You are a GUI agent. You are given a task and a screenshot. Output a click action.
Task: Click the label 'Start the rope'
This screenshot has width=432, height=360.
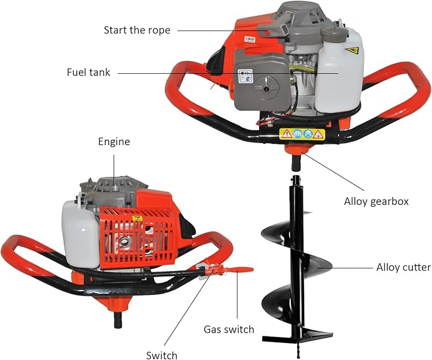tap(137, 30)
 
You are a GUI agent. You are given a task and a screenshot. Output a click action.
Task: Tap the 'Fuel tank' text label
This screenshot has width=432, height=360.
tap(88, 73)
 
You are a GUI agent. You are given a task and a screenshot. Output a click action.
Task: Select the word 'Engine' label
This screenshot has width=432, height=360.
tap(114, 142)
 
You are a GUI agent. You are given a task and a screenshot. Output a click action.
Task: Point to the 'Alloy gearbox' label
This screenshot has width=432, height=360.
tap(376, 201)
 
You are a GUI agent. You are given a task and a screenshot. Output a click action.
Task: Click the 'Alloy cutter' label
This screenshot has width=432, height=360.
tap(403, 267)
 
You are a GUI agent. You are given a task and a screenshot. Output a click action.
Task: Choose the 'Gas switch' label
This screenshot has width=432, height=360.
tap(229, 329)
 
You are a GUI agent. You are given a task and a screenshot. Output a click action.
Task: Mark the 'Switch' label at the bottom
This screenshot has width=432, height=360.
tap(162, 355)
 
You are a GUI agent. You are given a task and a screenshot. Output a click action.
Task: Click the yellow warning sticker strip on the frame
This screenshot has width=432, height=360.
tap(302, 134)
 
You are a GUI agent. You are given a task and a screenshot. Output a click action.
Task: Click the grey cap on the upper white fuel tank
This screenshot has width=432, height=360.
tap(332, 31)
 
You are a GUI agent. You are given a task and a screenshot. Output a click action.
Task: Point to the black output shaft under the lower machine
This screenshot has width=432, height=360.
tap(119, 319)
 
